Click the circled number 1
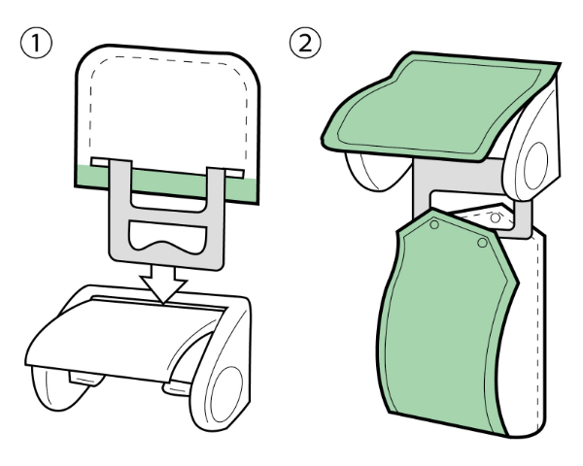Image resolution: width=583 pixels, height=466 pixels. click(x=36, y=43)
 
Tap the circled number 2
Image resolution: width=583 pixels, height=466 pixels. click(x=305, y=43)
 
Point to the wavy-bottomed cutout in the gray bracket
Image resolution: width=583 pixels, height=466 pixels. click(x=167, y=237)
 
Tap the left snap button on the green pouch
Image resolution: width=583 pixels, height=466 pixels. click(x=434, y=224)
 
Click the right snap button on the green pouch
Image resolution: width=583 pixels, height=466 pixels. click(x=482, y=243)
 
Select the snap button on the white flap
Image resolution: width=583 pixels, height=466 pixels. click(x=495, y=217)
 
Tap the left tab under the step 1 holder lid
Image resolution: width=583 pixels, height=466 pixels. click(x=86, y=378)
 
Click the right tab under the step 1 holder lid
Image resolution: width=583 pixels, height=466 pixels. click(x=177, y=388)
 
